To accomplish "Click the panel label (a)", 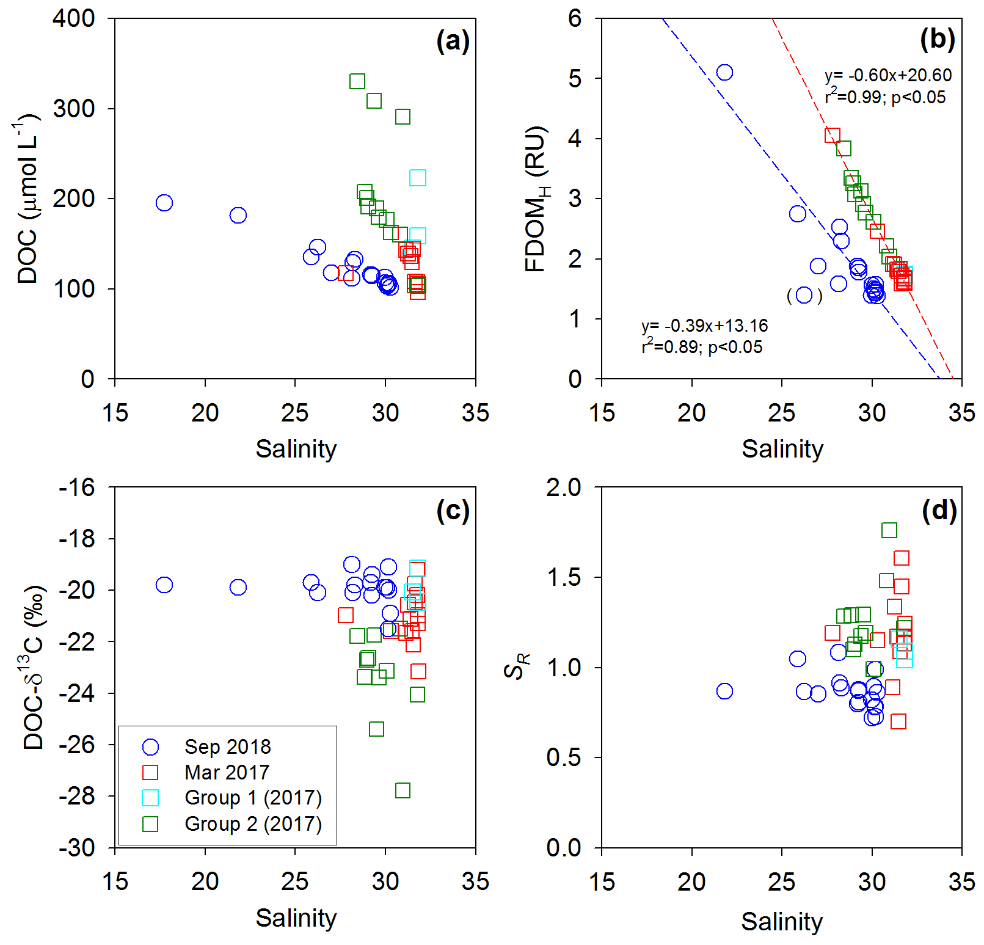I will point(453,41).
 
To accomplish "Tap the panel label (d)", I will point(939,510).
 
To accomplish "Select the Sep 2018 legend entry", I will point(227,746).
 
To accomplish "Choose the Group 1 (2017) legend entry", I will point(253,798).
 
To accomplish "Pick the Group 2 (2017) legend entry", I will point(253,824).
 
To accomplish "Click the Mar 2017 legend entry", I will point(227,772).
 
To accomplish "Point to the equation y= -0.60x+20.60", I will point(887,75).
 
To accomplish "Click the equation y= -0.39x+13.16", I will point(704,326).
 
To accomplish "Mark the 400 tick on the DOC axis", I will point(73,18).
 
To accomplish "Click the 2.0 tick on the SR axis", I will point(564,487).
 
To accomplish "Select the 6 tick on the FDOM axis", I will point(575,18).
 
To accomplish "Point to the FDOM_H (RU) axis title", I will point(536,199).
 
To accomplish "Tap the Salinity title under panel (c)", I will point(296,918).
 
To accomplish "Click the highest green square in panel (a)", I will point(357,81).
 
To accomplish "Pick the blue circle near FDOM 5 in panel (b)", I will point(724,73).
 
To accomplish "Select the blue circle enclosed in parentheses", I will point(804,296).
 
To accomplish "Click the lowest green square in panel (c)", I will point(403,790).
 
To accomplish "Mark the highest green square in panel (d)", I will point(889,530).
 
